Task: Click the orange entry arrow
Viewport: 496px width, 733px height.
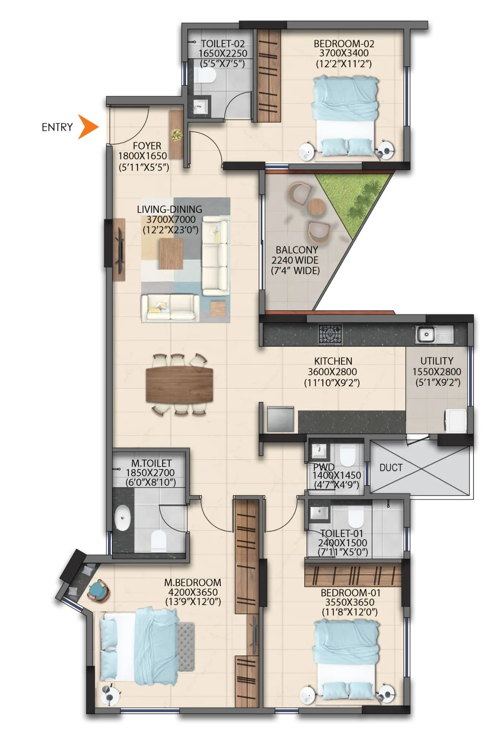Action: coord(87,127)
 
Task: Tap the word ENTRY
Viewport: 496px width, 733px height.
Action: coord(57,127)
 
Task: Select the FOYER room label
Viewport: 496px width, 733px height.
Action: coord(147,146)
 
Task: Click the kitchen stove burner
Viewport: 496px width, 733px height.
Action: coord(330,334)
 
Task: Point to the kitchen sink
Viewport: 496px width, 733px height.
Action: coord(426,334)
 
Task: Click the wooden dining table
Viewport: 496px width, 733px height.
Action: coord(179,384)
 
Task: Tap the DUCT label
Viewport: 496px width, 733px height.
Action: coord(391,468)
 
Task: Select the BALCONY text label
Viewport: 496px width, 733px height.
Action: coord(297,250)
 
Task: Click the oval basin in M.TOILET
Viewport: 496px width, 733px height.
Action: coord(122,518)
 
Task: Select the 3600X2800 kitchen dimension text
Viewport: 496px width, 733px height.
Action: coord(332,372)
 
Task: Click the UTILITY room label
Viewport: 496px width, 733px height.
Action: coord(437,361)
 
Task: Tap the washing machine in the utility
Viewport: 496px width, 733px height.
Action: coord(455,421)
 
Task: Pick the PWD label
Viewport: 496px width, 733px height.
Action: coord(323,467)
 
